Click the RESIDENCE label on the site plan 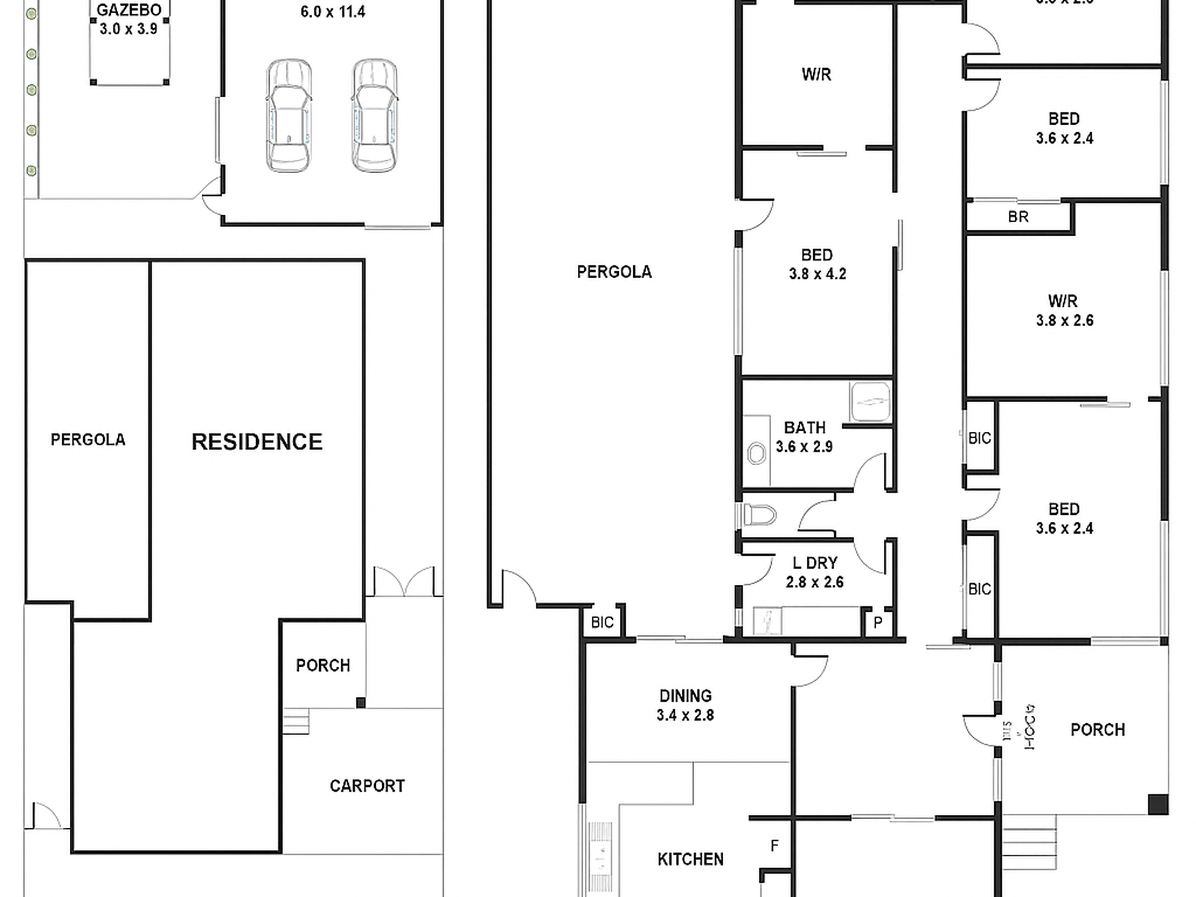pyautogui.click(x=257, y=442)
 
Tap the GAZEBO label pyautogui.click(x=128, y=10)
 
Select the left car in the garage pyautogui.click(x=288, y=115)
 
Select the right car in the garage pyautogui.click(x=375, y=115)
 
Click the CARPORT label pyautogui.click(x=367, y=786)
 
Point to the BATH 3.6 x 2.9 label pyautogui.click(x=804, y=437)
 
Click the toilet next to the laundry pyautogui.click(x=759, y=515)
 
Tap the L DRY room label pyautogui.click(x=815, y=572)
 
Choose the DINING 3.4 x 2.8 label pyautogui.click(x=685, y=705)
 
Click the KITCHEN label pyautogui.click(x=691, y=859)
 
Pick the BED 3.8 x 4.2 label pyautogui.click(x=817, y=264)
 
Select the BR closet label pyautogui.click(x=1018, y=217)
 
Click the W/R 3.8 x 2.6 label pyautogui.click(x=1064, y=310)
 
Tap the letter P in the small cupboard pyautogui.click(x=878, y=623)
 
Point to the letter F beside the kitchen pyautogui.click(x=774, y=846)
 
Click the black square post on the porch pyautogui.click(x=1158, y=804)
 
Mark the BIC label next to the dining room pyautogui.click(x=602, y=623)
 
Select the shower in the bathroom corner pyautogui.click(x=871, y=401)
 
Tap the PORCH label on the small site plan pyautogui.click(x=323, y=665)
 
